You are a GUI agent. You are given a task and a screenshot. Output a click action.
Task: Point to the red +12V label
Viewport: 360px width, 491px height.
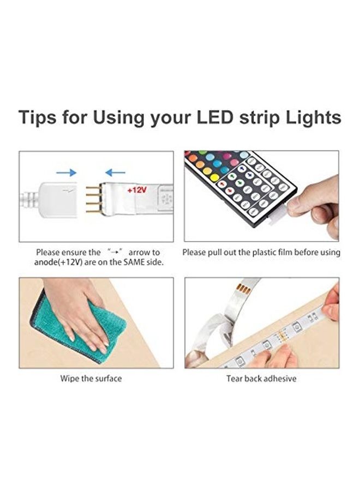pyautogui.click(x=137, y=191)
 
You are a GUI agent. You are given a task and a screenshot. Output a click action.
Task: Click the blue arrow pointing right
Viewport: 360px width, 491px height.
pyautogui.click(x=66, y=172)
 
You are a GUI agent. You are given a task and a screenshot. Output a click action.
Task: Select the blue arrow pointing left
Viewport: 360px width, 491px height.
pyautogui.click(x=115, y=172)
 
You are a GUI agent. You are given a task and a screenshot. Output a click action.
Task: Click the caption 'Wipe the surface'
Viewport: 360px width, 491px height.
pyautogui.click(x=91, y=379)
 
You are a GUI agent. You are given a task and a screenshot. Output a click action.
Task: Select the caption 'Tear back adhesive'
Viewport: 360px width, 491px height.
pyautogui.click(x=261, y=379)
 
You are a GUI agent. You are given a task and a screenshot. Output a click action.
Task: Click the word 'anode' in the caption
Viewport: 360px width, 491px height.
pyautogui.click(x=48, y=262)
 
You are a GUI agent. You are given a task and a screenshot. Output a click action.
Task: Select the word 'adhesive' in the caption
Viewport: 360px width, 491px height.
pyautogui.click(x=279, y=379)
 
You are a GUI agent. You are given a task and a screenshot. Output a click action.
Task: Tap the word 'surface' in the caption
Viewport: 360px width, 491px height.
pyautogui.click(x=106, y=379)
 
